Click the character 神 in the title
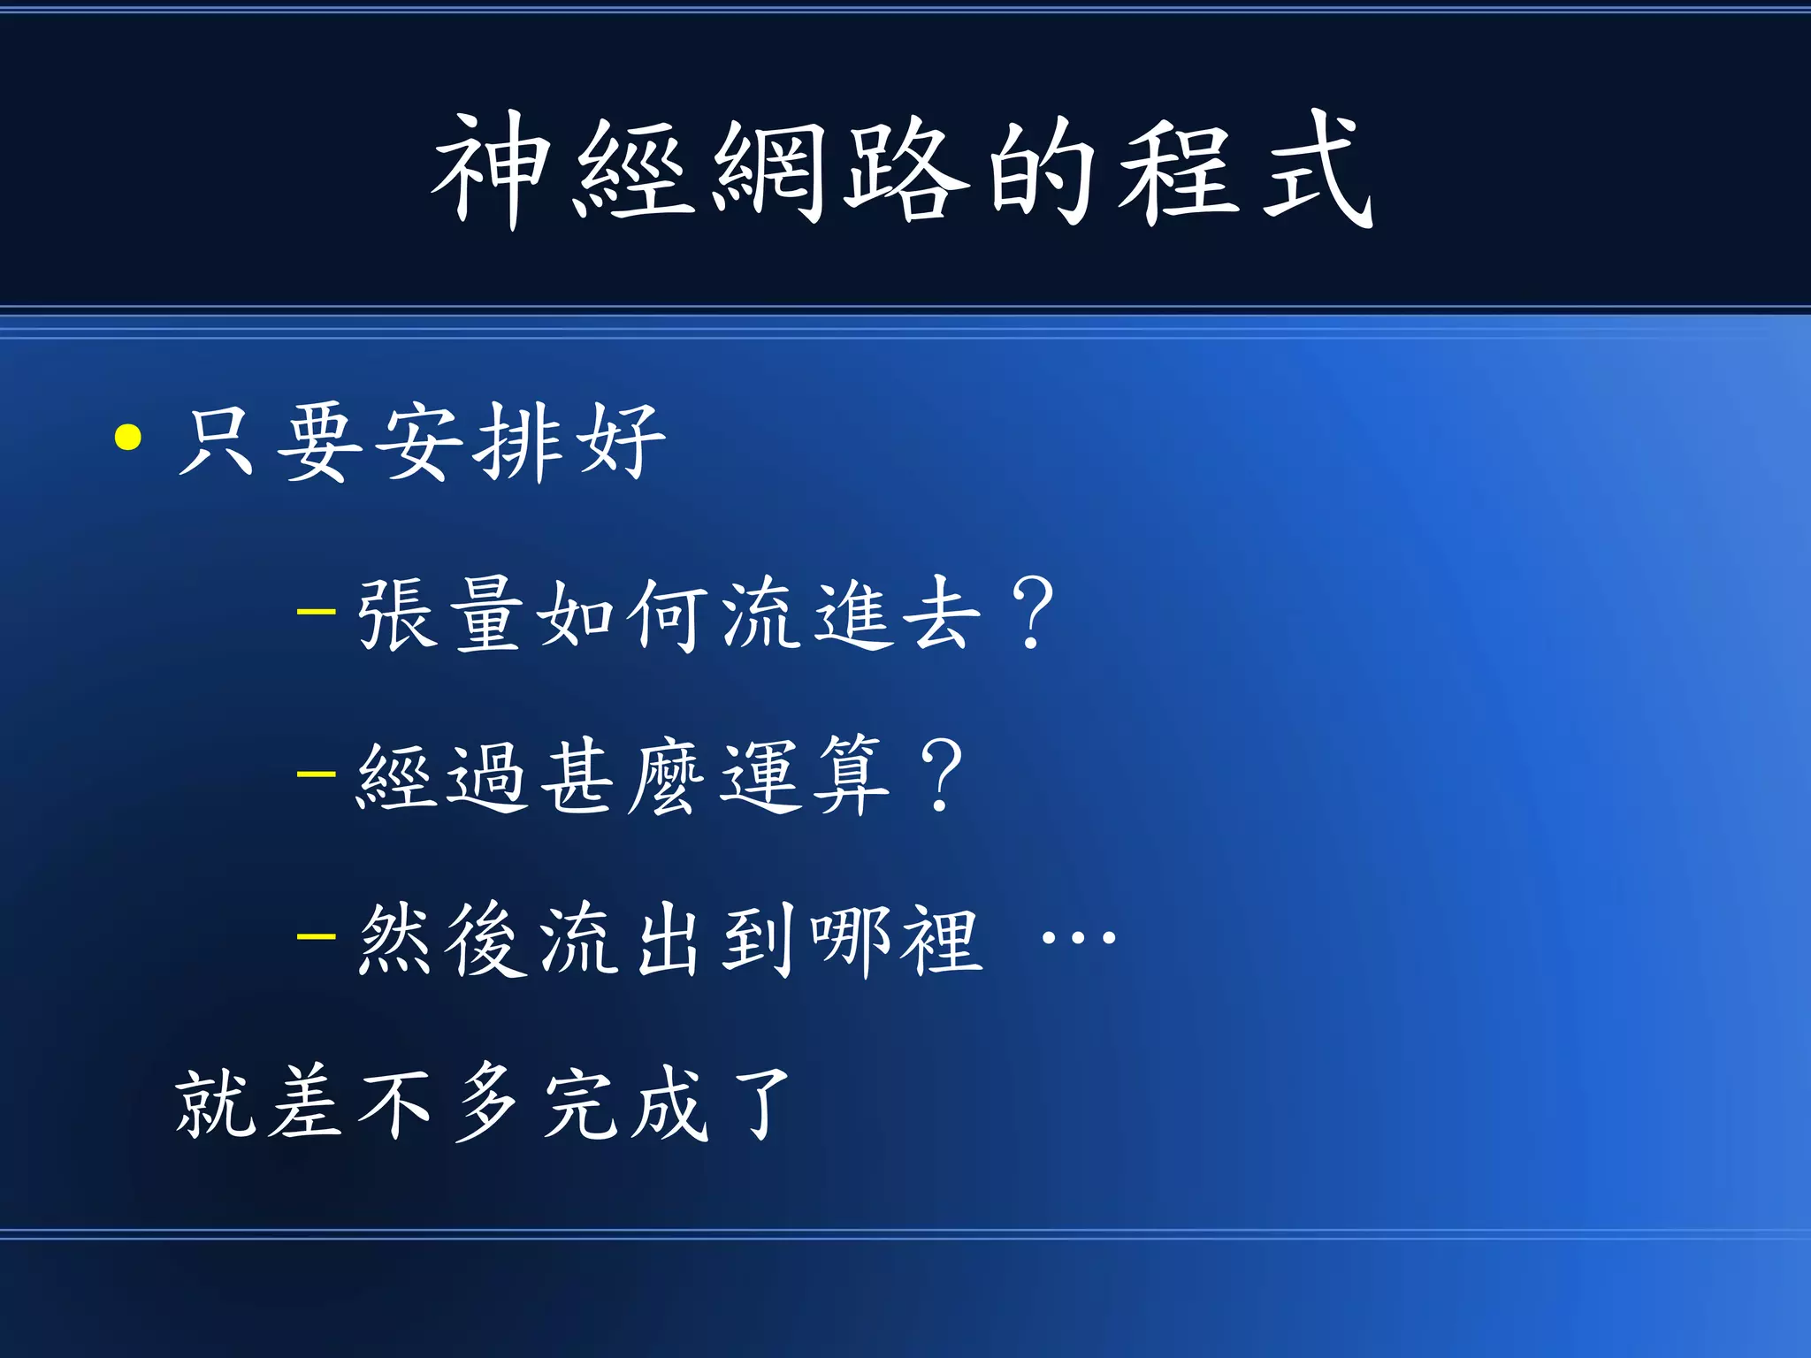click(488, 170)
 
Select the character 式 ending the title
click(1318, 170)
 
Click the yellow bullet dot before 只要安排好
click(129, 438)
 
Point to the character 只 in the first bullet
click(218, 442)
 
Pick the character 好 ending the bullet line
click(621, 442)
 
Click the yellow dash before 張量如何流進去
click(317, 611)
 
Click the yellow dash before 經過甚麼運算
click(317, 774)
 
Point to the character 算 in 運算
click(851, 776)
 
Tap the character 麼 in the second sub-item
click(668, 776)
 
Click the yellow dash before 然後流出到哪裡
click(317, 936)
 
